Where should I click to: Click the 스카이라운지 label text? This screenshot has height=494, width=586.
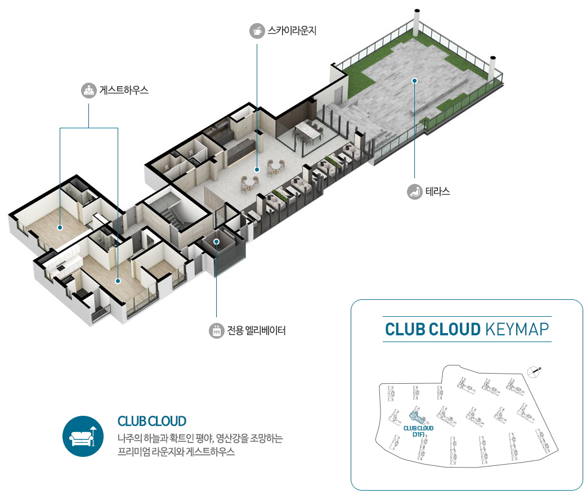tap(292, 30)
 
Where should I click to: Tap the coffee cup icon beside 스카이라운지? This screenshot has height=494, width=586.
tap(257, 30)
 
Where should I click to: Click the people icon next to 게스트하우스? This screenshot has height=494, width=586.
tap(88, 90)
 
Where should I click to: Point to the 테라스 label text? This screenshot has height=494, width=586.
tap(437, 192)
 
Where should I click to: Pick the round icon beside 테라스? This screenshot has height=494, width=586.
tap(414, 192)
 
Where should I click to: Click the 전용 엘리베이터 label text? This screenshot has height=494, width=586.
tap(256, 331)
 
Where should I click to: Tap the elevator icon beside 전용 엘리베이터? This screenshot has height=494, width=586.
tap(216, 331)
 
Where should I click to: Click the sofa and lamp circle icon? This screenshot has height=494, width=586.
tap(83, 436)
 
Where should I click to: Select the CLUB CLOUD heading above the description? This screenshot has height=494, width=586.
tap(151, 421)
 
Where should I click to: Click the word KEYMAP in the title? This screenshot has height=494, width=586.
tap(516, 329)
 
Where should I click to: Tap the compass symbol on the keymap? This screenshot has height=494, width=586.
tap(534, 370)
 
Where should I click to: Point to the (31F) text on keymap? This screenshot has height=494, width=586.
tap(418, 434)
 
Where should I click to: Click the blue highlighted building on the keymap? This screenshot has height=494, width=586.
tap(417, 417)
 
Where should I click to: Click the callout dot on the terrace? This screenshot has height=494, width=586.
tap(414, 80)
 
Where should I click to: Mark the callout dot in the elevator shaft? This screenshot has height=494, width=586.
tap(216, 242)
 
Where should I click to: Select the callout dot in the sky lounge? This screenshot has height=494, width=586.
tap(257, 168)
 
